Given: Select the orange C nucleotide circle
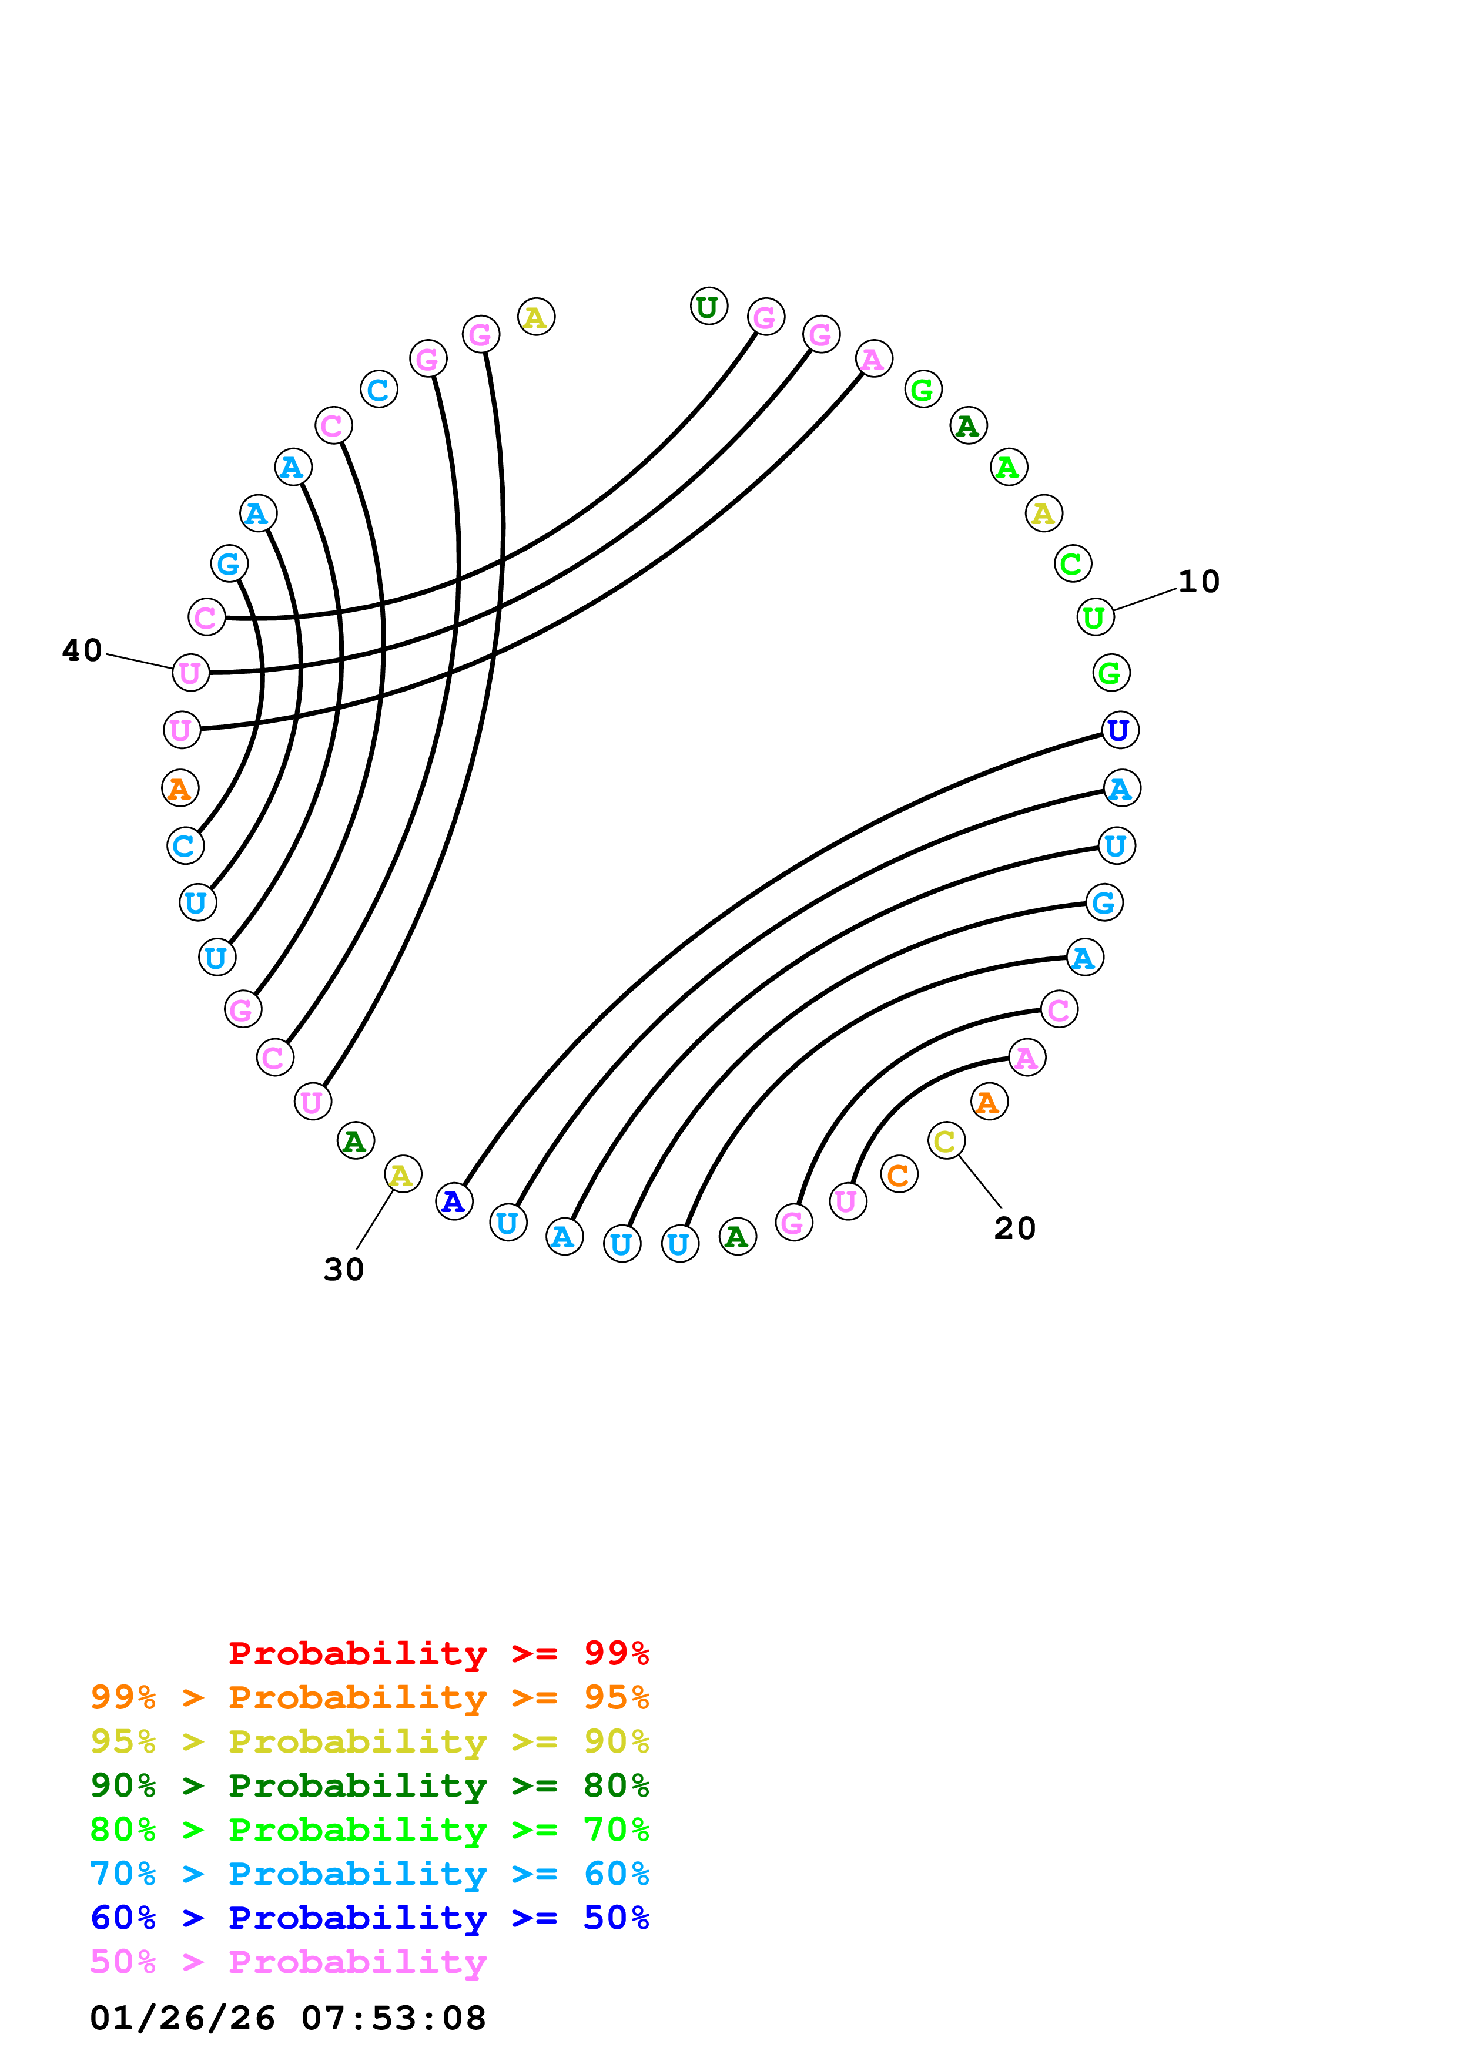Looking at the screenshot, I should pos(899,1175).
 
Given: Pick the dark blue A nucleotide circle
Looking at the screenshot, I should pos(454,1201).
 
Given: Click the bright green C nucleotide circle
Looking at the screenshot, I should pos(1073,564).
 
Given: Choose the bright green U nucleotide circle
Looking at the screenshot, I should pos(1095,617).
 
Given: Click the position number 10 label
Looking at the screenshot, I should pos(1198,582).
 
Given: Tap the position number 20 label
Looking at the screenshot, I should pos(1014,1228).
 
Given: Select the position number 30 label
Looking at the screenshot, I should pos(344,1269).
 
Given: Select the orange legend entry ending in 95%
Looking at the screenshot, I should pos(369,1697).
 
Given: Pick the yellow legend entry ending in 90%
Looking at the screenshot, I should pos(369,1741).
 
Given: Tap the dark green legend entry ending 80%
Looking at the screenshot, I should pos(369,1785).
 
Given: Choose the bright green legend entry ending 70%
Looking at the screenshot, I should pos(369,1830).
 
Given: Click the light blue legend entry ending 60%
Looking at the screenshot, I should pos(369,1874).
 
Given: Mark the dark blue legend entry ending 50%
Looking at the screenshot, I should pos(369,1918).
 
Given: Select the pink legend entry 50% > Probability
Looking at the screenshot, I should pos(288,1961).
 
